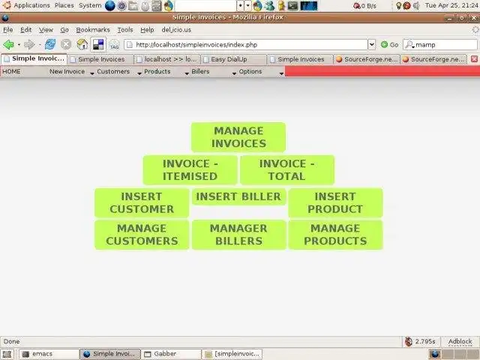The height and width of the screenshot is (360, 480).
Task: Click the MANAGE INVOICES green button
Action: (238, 137)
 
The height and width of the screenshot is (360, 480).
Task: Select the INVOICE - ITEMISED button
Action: (190, 170)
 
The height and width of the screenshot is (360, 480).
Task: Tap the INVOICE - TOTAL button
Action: (287, 170)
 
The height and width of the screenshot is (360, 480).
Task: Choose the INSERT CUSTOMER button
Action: (142, 203)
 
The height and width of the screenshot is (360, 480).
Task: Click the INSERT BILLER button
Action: (238, 196)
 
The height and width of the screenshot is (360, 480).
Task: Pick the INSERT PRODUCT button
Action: (335, 203)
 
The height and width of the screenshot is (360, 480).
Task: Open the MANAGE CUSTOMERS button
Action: (142, 235)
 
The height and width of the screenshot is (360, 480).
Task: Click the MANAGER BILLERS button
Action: (238, 235)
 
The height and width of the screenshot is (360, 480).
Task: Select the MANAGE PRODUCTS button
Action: (335, 235)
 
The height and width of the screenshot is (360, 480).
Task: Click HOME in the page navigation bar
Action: (12, 72)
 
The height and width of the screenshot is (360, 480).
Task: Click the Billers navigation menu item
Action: (201, 72)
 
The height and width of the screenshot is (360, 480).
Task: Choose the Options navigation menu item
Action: (250, 72)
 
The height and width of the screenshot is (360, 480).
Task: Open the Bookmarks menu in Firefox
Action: (94, 30)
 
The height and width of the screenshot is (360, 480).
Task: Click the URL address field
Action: (247, 44)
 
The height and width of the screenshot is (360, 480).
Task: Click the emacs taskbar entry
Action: (48, 353)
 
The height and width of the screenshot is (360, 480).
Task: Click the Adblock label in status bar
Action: (460, 341)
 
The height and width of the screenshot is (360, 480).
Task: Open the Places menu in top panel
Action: (64, 5)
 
